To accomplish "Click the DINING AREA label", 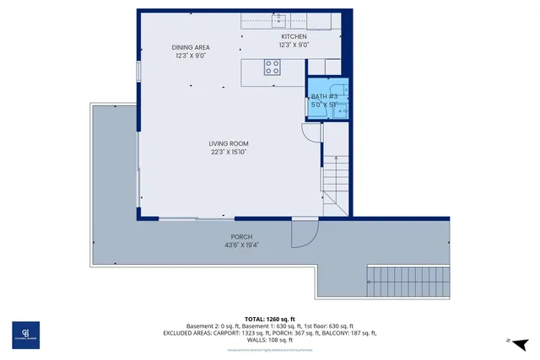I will coord(191,47).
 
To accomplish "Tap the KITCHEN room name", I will coord(294,36).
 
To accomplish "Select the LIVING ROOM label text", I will coord(229,143).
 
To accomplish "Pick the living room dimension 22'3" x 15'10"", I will coord(229,153).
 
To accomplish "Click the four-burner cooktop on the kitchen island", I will coord(273,67).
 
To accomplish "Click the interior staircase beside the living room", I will coord(336,181).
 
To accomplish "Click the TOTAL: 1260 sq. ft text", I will coord(270,319).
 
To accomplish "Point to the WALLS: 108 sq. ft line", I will coord(270,339).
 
